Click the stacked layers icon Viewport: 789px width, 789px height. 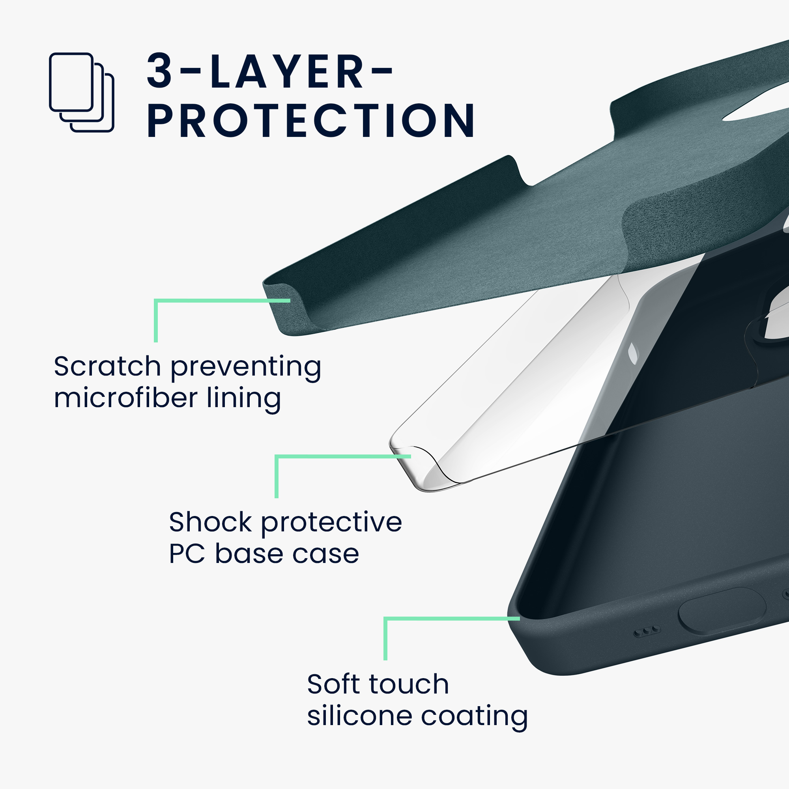click(81, 92)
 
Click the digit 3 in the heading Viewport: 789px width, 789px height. click(159, 71)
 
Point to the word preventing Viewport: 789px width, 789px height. click(246, 368)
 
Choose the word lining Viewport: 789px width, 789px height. click(244, 399)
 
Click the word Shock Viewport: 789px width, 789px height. click(210, 522)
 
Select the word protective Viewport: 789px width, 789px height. click(331, 524)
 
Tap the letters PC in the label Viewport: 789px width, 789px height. click(187, 554)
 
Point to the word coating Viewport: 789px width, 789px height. click(474, 718)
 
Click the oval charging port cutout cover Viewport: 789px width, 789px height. click(722, 611)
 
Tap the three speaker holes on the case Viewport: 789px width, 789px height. click(647, 632)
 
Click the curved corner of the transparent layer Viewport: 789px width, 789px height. click(417, 469)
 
